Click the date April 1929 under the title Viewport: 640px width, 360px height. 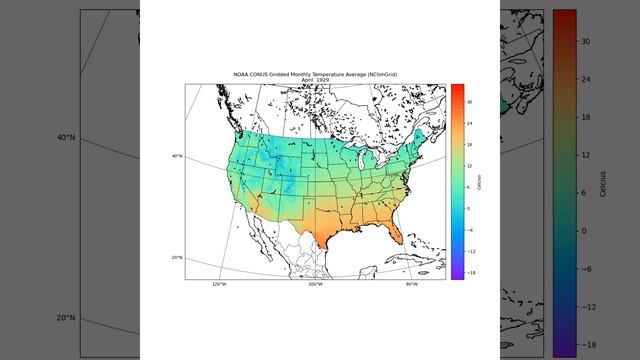315,79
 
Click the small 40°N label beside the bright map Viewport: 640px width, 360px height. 177,156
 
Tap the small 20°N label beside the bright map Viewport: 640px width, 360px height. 177,258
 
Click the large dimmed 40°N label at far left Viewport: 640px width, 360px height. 67,137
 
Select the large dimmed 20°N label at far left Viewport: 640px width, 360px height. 67,318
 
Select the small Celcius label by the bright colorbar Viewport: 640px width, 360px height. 479,181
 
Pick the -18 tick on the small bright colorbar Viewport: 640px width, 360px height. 469,272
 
